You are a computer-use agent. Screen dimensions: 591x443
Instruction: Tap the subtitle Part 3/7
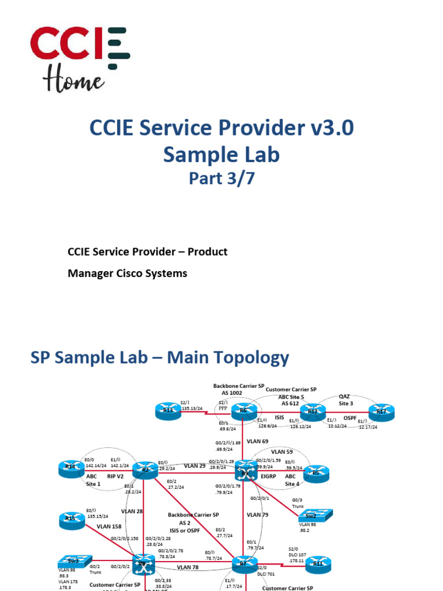coord(221,179)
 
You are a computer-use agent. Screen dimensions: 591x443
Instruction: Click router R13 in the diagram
coord(168,412)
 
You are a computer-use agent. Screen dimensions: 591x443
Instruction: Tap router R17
coord(381,411)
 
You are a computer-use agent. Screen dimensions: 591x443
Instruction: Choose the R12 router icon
coord(313,411)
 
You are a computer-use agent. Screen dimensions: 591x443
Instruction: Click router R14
coord(70,469)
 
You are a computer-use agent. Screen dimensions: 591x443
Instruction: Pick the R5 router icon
coord(315,472)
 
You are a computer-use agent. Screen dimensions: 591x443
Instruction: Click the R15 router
coord(70,520)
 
